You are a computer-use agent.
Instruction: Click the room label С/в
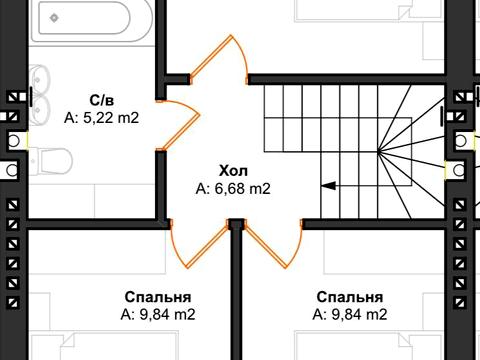100,100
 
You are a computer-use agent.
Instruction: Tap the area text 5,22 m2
100,117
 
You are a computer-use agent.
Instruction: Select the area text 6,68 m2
234,187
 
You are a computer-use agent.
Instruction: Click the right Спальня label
349,297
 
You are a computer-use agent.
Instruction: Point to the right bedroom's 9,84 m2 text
349,314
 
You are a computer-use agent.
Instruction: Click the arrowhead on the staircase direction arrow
327,185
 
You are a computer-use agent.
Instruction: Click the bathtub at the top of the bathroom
85,20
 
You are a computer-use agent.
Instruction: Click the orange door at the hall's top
222,60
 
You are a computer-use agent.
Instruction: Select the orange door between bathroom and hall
180,125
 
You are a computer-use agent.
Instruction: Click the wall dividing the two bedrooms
237,300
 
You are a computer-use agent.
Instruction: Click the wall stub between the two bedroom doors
237,226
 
